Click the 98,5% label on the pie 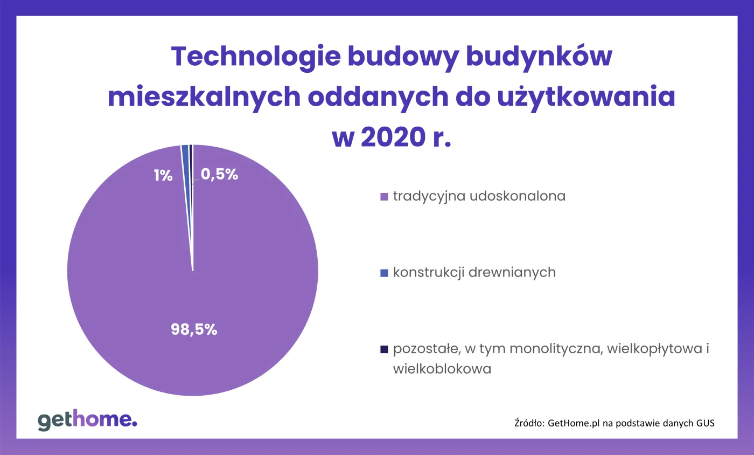(x=194, y=330)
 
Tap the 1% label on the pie (x=162, y=175)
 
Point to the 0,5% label (x=220, y=174)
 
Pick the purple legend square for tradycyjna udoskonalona (x=384, y=197)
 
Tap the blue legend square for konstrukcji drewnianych (x=384, y=273)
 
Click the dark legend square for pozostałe (x=384, y=350)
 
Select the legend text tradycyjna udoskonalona (x=479, y=196)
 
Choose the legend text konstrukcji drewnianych (x=474, y=273)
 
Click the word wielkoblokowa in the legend (x=442, y=369)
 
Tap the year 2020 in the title (x=390, y=138)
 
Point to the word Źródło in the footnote (x=529, y=423)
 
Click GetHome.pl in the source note (x=574, y=423)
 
